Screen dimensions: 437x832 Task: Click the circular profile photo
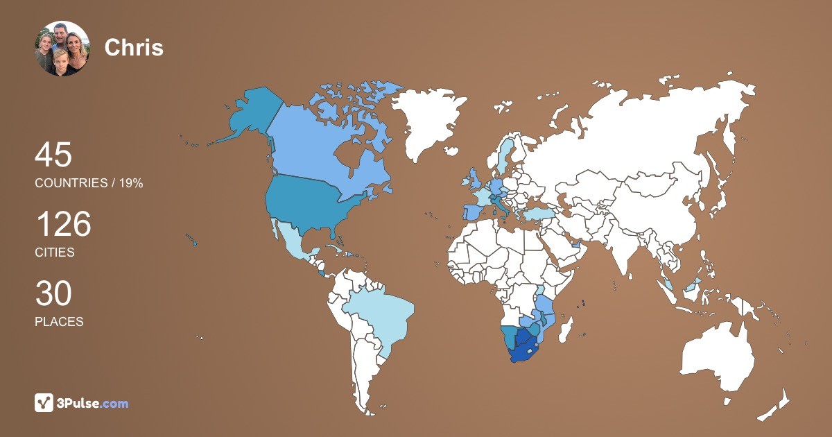[62, 49]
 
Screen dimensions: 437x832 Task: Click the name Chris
[134, 47]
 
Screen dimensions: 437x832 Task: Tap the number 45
[53, 155]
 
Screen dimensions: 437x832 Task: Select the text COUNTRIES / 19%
[89, 183]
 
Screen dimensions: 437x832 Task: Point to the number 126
[63, 225]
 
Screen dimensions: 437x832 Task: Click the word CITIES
[55, 252]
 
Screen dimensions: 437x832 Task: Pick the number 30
[53, 294]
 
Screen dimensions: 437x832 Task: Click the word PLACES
[59, 322]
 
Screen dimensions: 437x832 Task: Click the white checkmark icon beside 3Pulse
[44, 402]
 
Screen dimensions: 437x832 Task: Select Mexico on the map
[291, 243]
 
